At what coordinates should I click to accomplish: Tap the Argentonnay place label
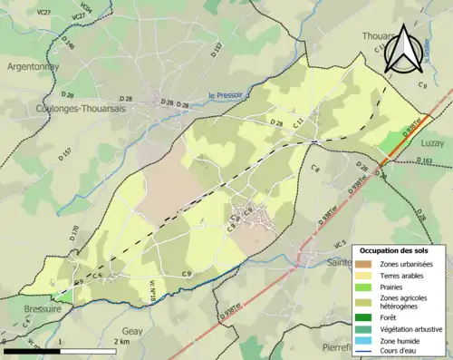point(33,67)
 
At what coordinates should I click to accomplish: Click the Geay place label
point(132,332)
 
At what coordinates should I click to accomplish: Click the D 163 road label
point(427,161)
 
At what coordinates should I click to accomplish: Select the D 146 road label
point(68,43)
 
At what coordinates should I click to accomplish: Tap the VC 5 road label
point(340,244)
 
